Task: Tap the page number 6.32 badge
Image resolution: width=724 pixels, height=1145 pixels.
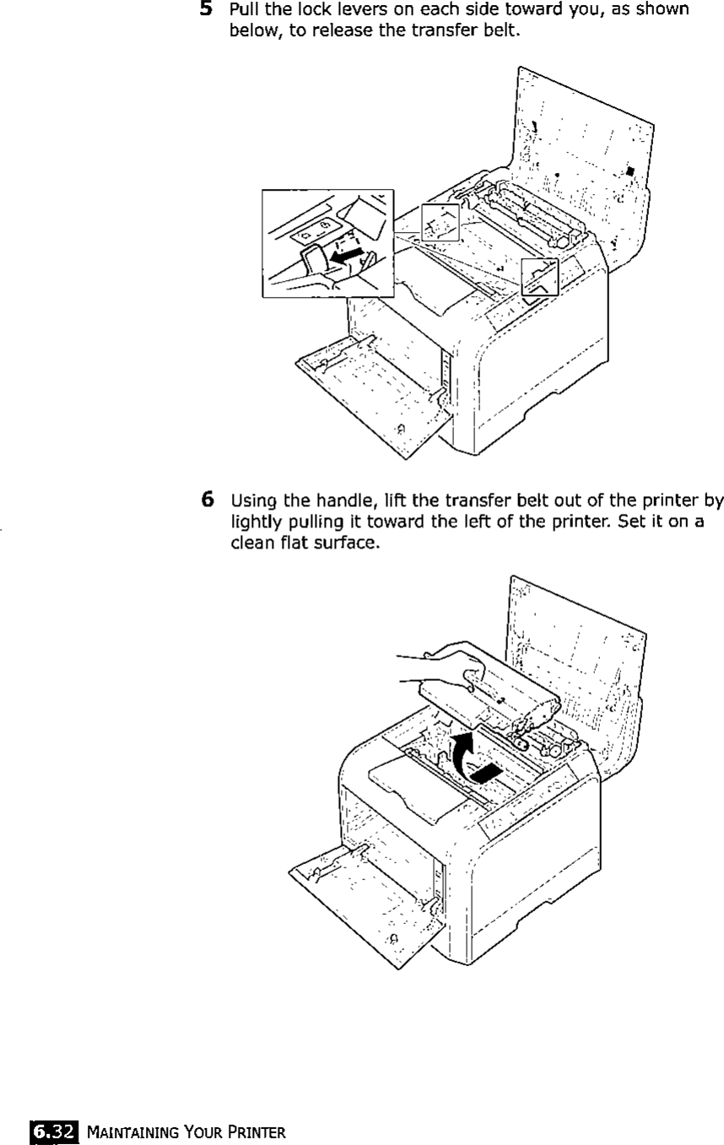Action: point(50,1127)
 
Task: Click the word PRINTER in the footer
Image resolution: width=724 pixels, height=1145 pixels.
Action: point(258,1128)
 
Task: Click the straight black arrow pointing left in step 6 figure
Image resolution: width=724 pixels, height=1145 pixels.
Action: point(487,771)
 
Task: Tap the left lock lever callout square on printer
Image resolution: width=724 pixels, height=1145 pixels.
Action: point(440,223)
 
